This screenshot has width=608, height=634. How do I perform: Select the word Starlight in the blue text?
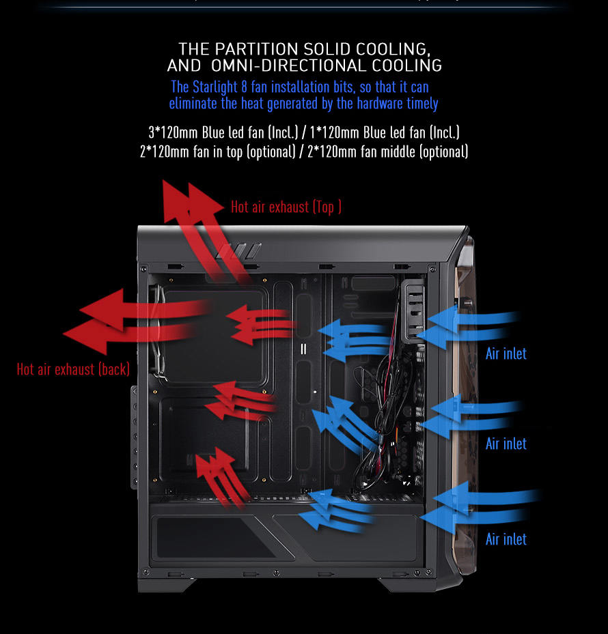tap(215, 87)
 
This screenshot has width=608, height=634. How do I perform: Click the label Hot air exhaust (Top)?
tap(286, 207)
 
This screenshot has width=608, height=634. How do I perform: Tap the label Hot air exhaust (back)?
tap(73, 369)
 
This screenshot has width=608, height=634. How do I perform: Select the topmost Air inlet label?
tap(506, 354)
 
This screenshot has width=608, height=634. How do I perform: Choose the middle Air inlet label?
tap(506, 444)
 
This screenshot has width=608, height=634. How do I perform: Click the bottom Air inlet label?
tap(506, 539)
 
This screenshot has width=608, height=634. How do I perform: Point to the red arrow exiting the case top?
tap(202, 227)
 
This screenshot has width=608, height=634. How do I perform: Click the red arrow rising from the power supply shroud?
tap(221, 477)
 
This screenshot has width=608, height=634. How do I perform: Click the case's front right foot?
tap(421, 584)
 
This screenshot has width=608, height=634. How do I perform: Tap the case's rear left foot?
tap(167, 585)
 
